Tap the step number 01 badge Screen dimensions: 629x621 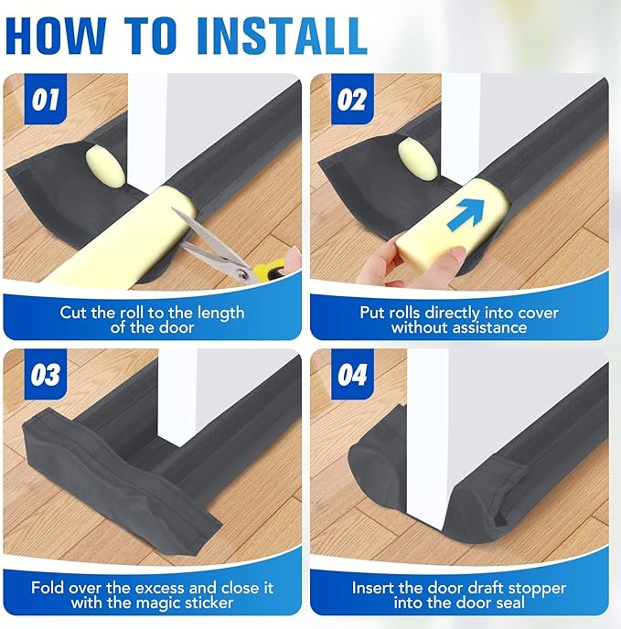click(x=43, y=98)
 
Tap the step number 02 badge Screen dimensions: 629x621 click(x=350, y=98)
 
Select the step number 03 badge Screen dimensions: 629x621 click(x=43, y=375)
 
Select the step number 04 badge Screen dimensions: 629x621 click(x=351, y=375)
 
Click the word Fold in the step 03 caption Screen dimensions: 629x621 click(x=48, y=588)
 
